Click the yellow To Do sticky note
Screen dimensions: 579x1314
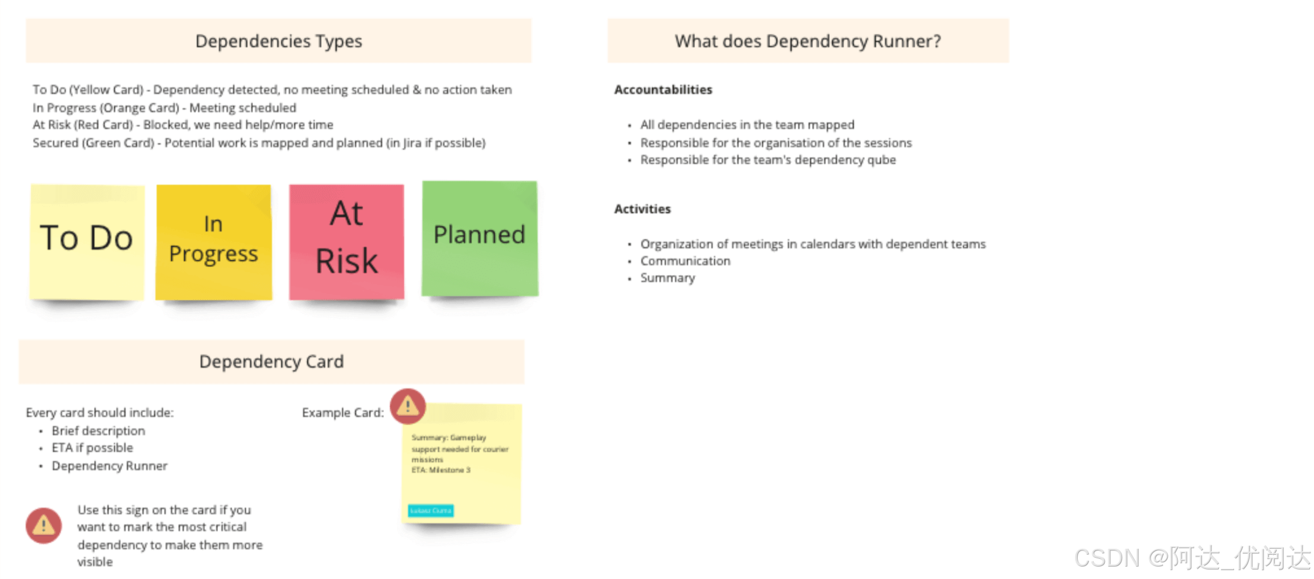pyautogui.click(x=87, y=241)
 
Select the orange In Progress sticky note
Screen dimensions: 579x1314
pyautogui.click(x=213, y=242)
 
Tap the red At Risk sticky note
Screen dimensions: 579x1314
pyautogui.click(x=347, y=241)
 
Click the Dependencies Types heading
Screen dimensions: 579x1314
pyautogui.click(x=278, y=41)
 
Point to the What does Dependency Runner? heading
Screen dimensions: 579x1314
pyautogui.click(x=807, y=41)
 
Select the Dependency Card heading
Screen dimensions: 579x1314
pyautogui.click(x=271, y=362)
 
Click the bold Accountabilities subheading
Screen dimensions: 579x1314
pyautogui.click(x=663, y=89)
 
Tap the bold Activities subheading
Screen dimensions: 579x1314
pyautogui.click(x=642, y=209)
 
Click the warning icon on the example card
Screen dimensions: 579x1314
pyautogui.click(x=408, y=406)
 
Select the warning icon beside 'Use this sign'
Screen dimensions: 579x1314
pyautogui.click(x=43, y=525)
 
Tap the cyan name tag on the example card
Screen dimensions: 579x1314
pyautogui.click(x=431, y=510)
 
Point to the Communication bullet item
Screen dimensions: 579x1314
pyautogui.click(x=685, y=261)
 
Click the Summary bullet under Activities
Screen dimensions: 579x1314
pyautogui.click(x=667, y=278)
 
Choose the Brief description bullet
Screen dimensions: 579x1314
pyautogui.click(x=98, y=431)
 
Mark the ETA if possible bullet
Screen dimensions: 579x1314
pyautogui.click(x=92, y=448)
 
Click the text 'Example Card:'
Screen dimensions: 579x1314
pyautogui.click(x=342, y=412)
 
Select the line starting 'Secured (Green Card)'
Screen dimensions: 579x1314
pyautogui.click(x=259, y=143)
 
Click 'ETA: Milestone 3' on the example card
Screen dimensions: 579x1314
pyautogui.click(x=441, y=470)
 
